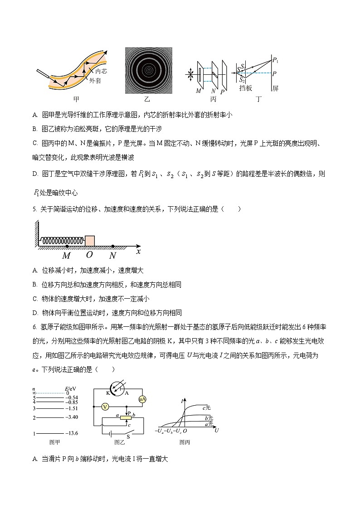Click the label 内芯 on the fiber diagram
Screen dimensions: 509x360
pyautogui.click(x=101, y=71)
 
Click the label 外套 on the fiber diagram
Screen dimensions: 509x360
pyautogui.click(x=95, y=81)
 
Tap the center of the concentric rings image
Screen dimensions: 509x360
pyautogui.click(x=148, y=71)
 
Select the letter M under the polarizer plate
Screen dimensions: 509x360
pyautogui.click(x=198, y=91)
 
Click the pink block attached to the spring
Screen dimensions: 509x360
pyautogui.click(x=90, y=240)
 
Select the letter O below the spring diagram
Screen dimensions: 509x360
pyautogui.click(x=89, y=255)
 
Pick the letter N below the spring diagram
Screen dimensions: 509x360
pyautogui.click(x=113, y=255)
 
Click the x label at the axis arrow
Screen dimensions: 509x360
pyautogui.click(x=138, y=251)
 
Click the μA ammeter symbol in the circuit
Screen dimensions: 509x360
pyautogui.click(x=142, y=399)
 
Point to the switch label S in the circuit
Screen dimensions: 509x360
pyautogui.click(x=128, y=436)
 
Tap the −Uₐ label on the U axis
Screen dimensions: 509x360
pyautogui.click(x=159, y=430)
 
